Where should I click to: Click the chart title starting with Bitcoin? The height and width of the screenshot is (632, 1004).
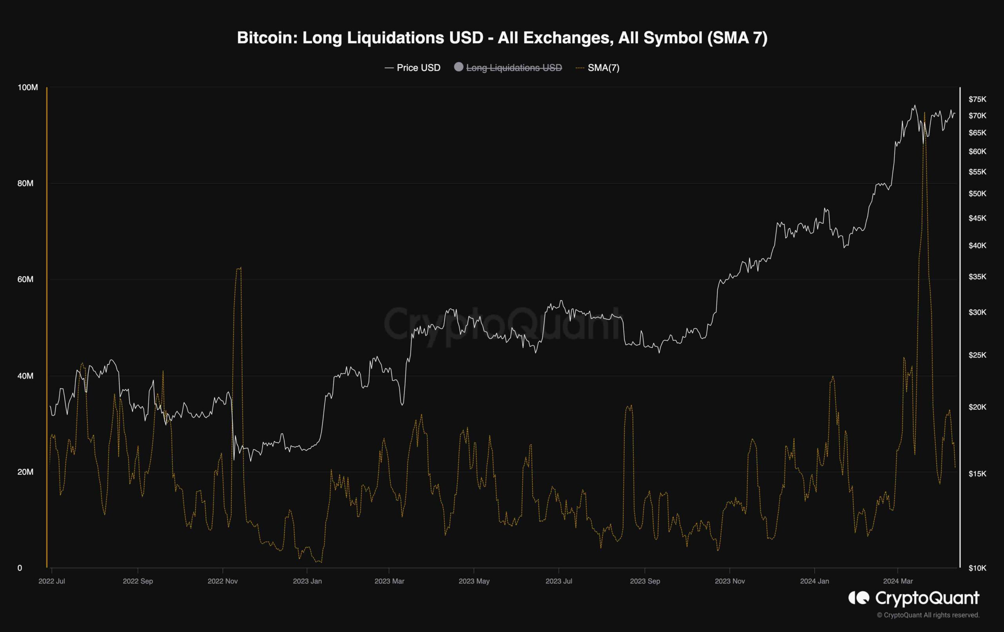pos(502,38)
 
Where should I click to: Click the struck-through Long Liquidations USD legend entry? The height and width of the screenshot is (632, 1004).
pos(514,67)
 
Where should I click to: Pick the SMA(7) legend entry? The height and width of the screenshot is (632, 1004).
pos(603,67)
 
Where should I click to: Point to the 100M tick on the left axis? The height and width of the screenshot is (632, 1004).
pos(27,87)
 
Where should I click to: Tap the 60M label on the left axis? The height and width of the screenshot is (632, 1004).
pos(25,279)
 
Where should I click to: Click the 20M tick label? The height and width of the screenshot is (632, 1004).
pos(25,472)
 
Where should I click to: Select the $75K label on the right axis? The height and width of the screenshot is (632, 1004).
pos(977,99)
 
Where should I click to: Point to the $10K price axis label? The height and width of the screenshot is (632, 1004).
pos(977,568)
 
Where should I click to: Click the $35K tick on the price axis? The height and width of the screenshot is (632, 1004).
pos(977,277)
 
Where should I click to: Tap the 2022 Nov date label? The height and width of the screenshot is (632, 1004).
pos(223,581)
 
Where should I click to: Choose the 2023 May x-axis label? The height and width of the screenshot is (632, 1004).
pos(474,581)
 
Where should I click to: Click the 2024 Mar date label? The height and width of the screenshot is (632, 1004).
pos(898,581)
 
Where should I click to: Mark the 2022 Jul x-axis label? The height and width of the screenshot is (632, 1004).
pos(52,581)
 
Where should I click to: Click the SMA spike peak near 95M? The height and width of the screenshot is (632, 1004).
pos(925,113)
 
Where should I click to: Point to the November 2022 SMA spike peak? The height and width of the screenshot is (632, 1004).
pos(239,268)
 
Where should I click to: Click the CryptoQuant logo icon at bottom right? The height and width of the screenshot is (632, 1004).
pos(859,598)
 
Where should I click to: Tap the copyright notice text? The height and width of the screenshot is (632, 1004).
pos(928,615)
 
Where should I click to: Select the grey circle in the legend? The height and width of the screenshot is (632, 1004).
pos(458,67)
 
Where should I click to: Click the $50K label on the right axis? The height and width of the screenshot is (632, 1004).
pos(977,193)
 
